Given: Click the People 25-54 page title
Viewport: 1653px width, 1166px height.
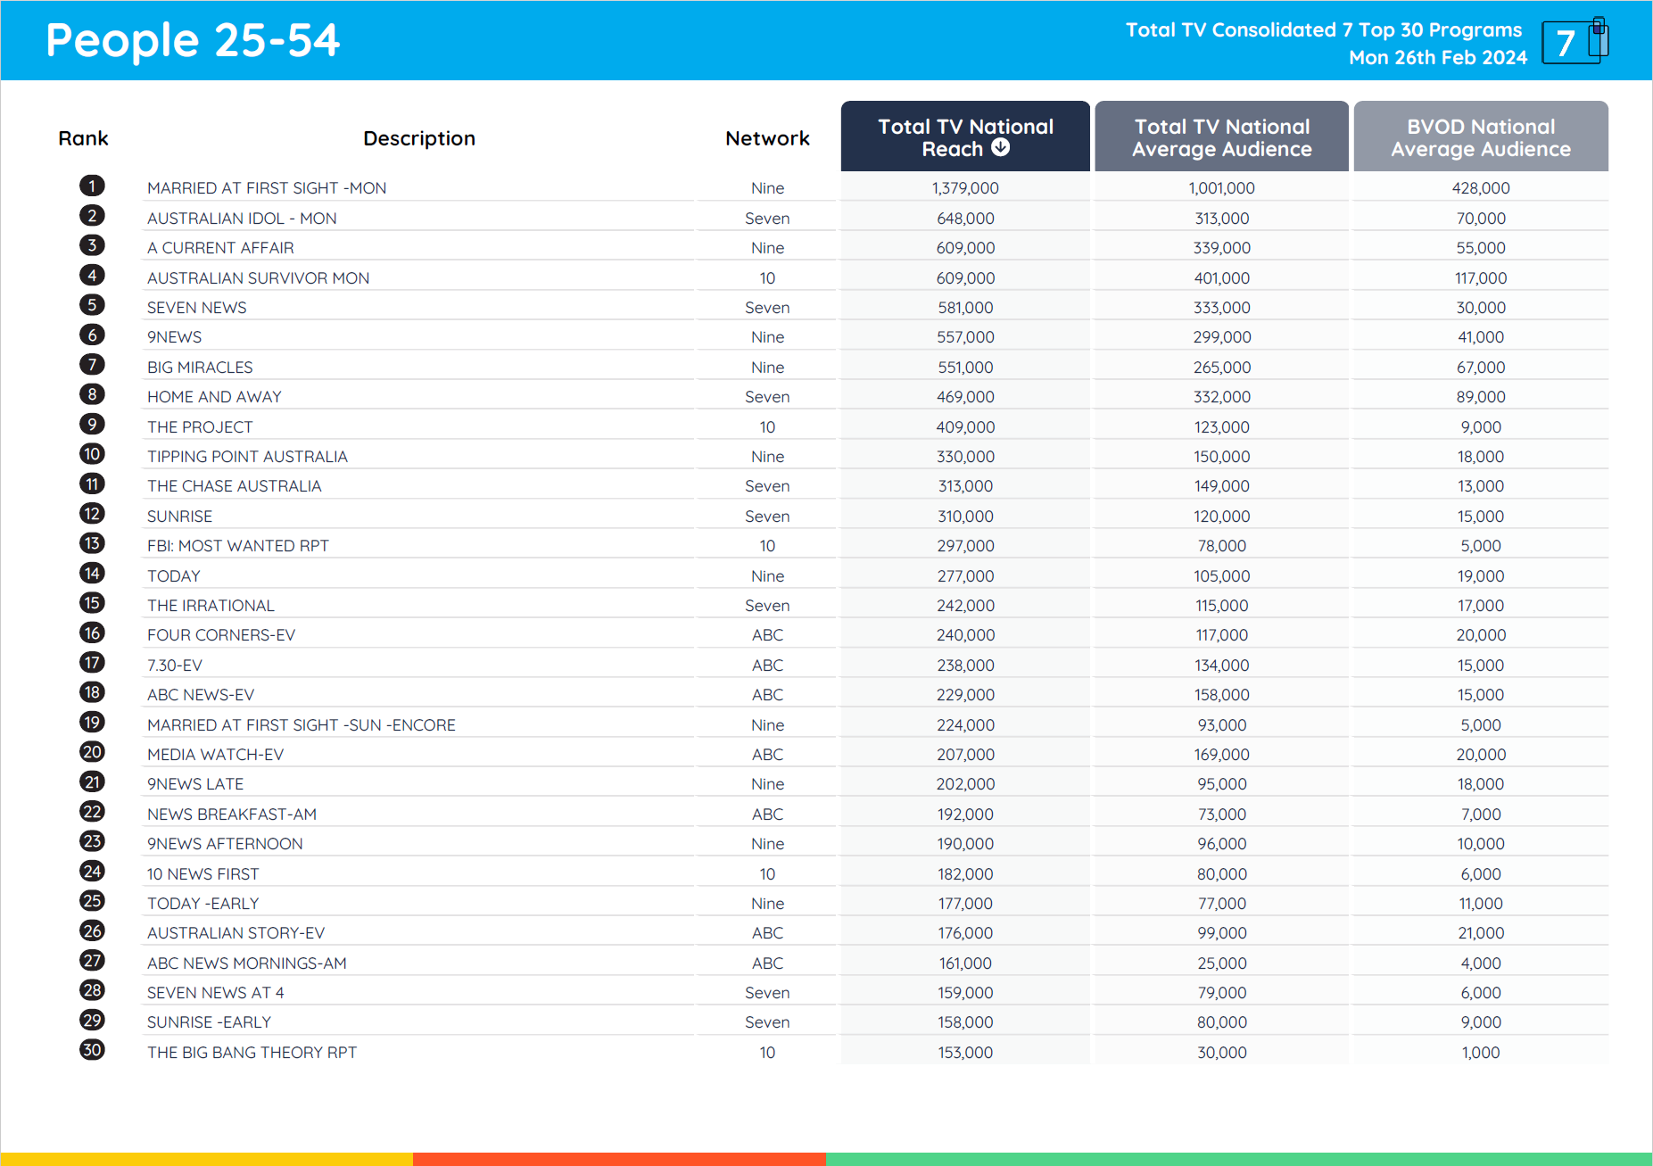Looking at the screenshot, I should tap(193, 41).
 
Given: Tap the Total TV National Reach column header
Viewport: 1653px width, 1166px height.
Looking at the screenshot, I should tap(964, 137).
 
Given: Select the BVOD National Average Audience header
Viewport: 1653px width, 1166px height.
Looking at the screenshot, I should tap(1480, 137).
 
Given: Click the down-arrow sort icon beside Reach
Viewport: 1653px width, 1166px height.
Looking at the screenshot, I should tap(1001, 148).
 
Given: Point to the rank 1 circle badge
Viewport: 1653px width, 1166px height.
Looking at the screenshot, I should tap(92, 186).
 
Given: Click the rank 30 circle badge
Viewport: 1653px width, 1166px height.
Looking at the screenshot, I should tap(92, 1050).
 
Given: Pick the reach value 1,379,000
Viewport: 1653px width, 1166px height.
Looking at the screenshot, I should tap(965, 188).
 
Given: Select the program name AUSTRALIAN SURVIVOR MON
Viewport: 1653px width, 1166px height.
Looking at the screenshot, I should tap(258, 278).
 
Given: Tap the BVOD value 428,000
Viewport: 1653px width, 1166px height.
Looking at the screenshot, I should tap(1480, 188).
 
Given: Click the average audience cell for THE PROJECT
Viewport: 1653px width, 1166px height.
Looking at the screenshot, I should tap(1221, 427).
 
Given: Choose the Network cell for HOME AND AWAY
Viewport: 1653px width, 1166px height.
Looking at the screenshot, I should tap(767, 397).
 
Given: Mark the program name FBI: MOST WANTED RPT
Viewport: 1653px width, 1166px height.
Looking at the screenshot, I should tap(237, 546).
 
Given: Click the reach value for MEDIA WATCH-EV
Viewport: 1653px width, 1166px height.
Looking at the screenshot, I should tap(965, 755).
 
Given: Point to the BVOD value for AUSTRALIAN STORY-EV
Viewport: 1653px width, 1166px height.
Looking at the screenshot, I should tap(1480, 933).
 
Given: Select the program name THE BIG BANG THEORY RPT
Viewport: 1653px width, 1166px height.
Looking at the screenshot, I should tap(252, 1053).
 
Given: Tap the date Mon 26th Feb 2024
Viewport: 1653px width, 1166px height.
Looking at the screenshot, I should tap(1437, 58).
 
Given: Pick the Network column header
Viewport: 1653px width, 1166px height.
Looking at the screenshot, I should tap(767, 138).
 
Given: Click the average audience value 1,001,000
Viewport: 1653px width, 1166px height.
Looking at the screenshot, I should tap(1221, 188).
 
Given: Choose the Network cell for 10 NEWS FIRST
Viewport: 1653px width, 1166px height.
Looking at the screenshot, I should tap(767, 874).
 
